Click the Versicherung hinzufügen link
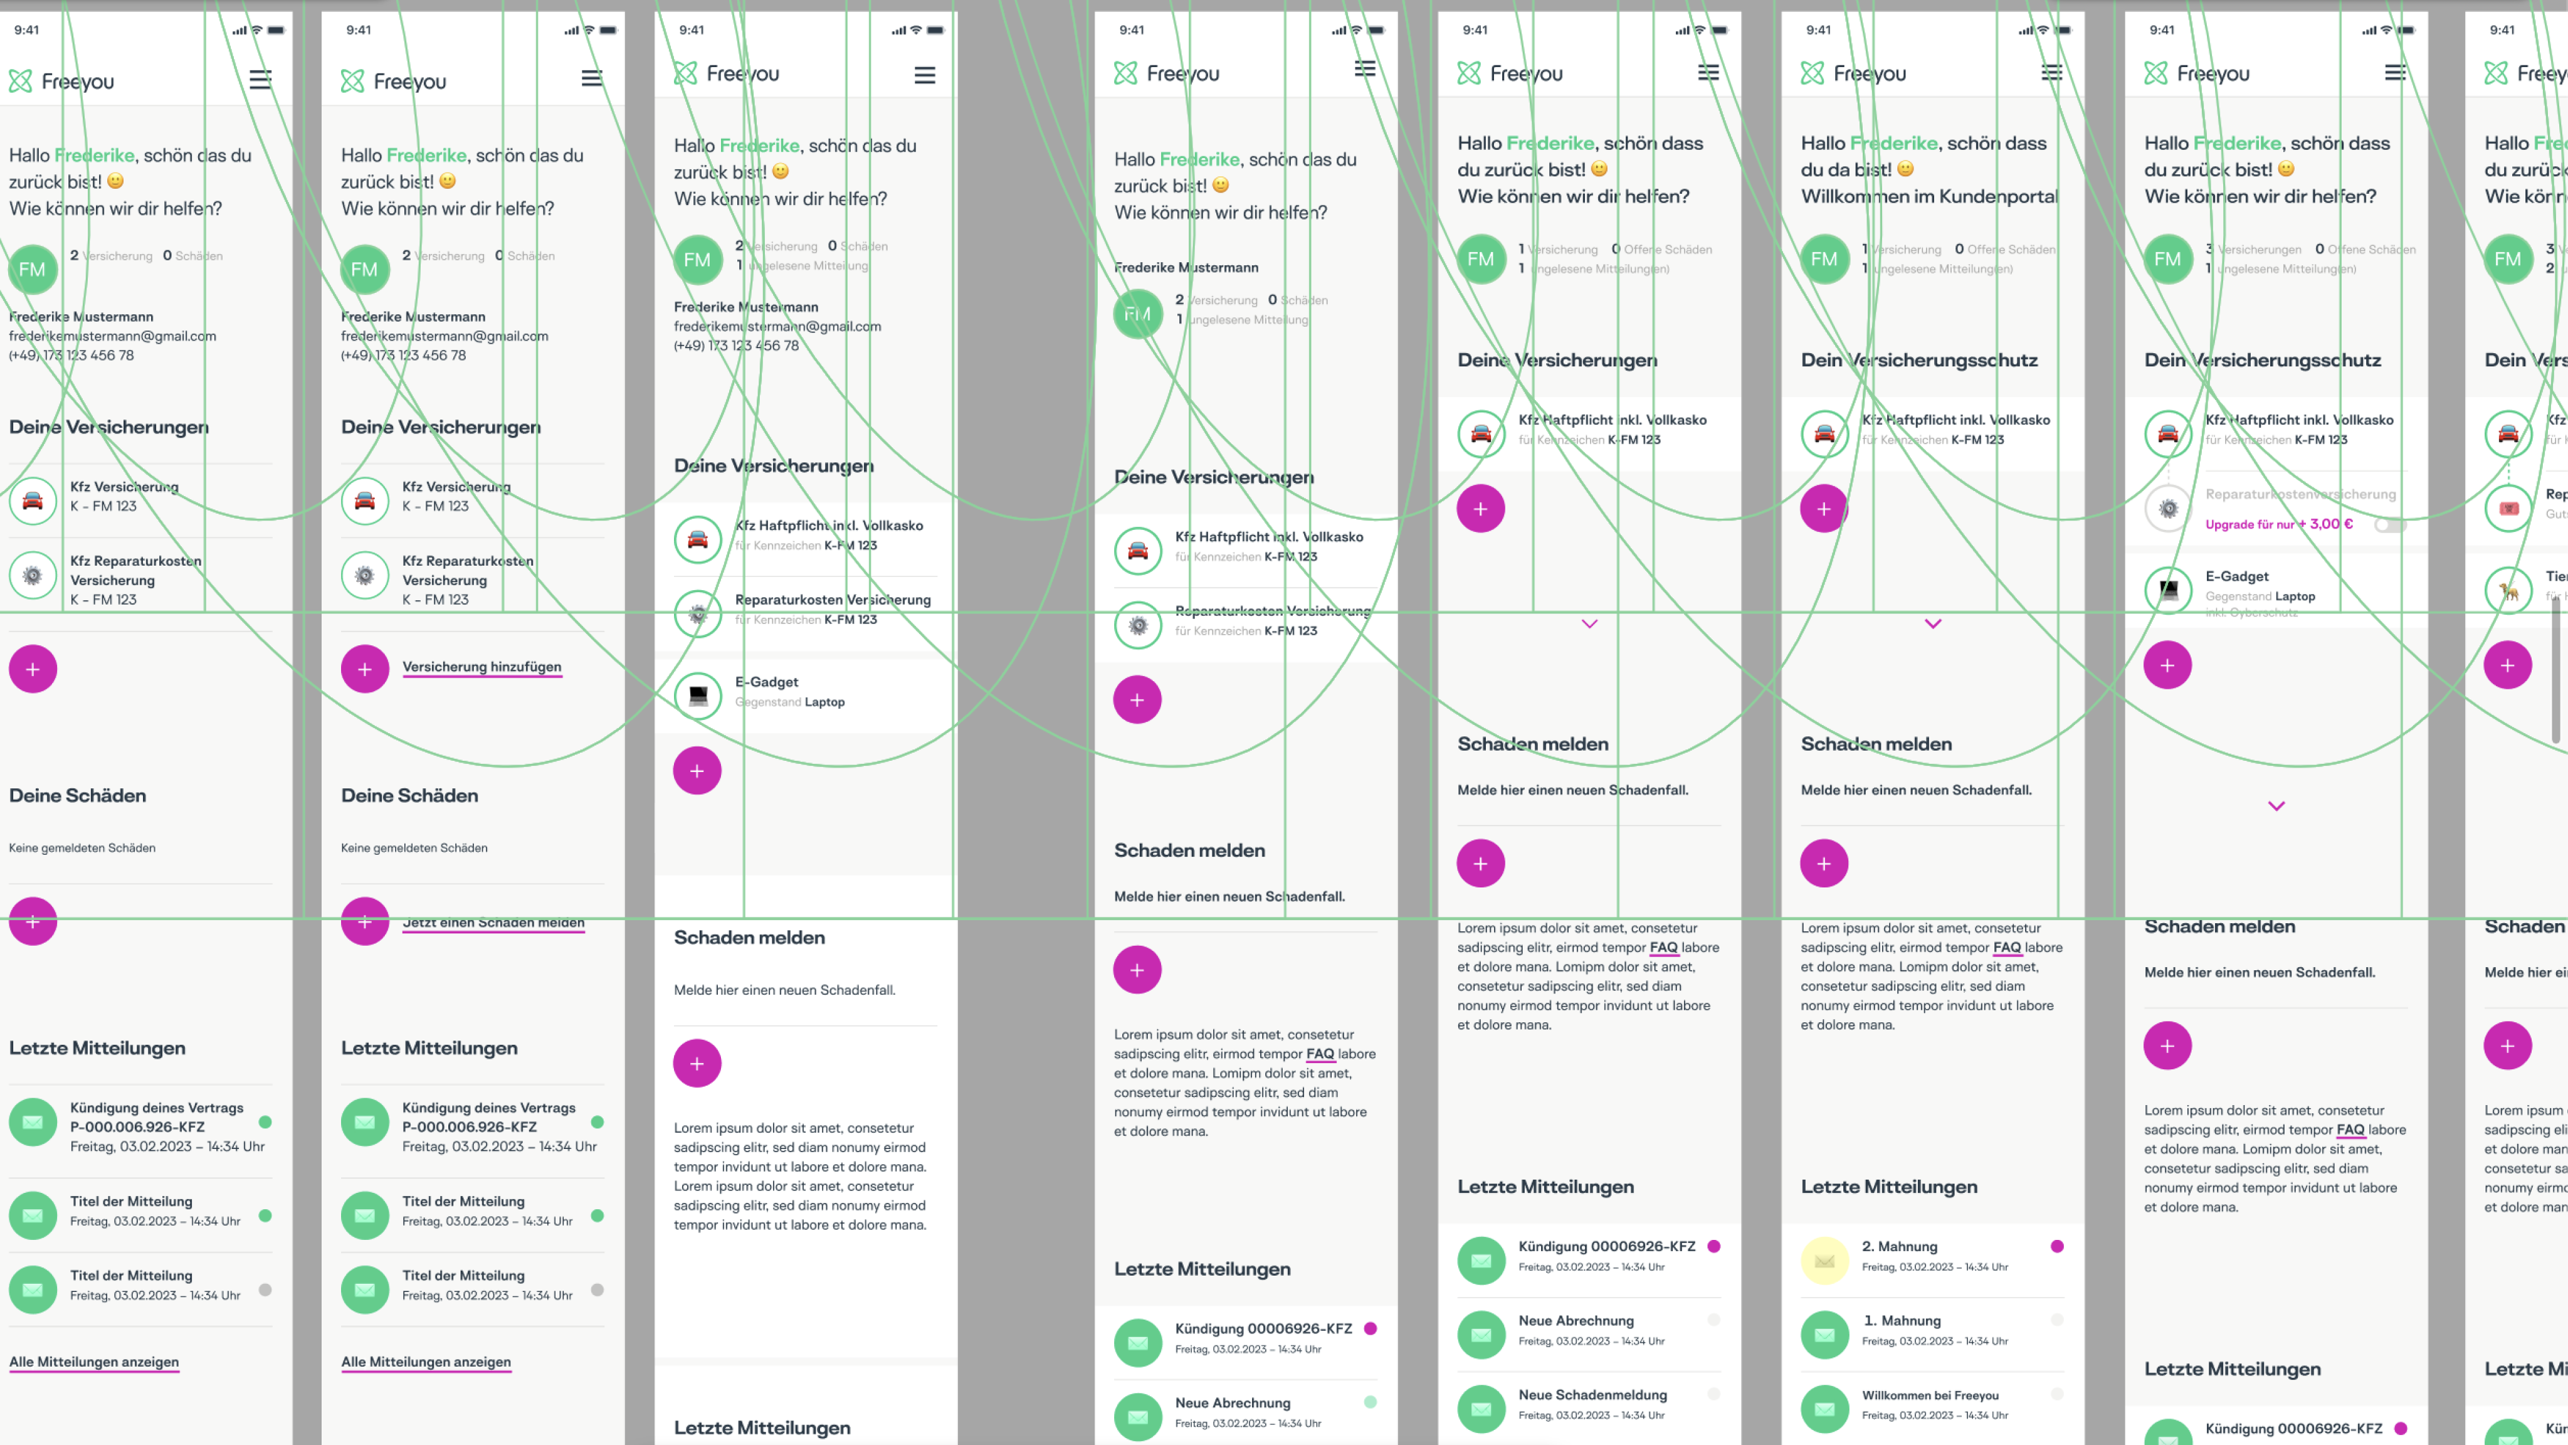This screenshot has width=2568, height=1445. [481, 667]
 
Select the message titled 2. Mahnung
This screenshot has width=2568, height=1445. [1899, 1247]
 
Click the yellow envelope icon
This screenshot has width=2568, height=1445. [1824, 1261]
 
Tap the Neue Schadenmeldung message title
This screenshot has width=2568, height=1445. [1592, 1395]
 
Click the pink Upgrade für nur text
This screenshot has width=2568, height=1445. [2249, 524]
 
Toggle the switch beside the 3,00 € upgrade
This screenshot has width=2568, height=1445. [2389, 524]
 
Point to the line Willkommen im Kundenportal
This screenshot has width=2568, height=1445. [1929, 196]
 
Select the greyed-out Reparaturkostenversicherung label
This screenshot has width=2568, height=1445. [2300, 495]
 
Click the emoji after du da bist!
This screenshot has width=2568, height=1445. [1905, 169]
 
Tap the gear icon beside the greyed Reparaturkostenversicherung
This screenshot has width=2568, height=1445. [2168, 509]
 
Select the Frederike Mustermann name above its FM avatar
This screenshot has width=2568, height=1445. [1186, 267]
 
